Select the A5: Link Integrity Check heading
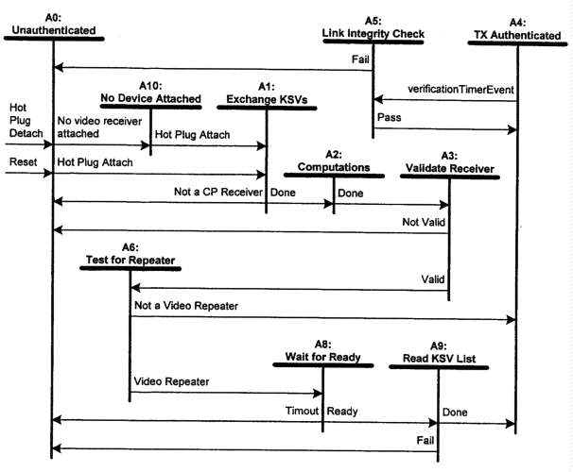pos(373,27)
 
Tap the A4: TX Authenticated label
pos(516,27)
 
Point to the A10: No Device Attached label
pos(150,93)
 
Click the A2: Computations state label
pos(334,160)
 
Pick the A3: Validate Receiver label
pos(449,160)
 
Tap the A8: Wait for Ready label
pos(323,351)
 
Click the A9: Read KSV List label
pos(438,351)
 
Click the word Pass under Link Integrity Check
pos(389,118)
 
